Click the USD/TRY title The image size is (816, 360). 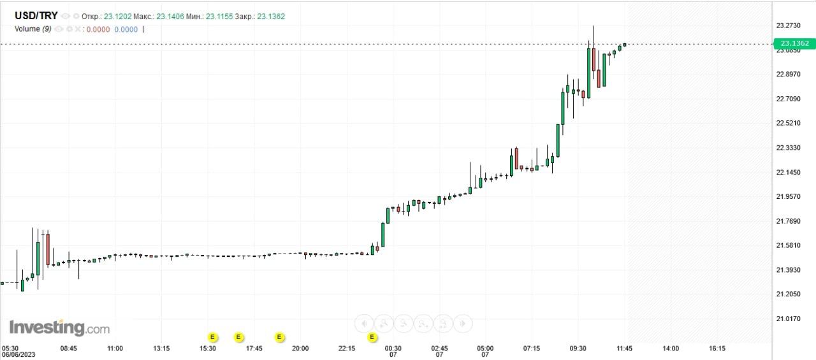[36, 16]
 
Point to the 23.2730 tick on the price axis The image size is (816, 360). [788, 25]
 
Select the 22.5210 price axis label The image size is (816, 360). [788, 123]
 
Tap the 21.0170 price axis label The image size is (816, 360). [788, 319]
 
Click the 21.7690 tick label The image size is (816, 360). [788, 221]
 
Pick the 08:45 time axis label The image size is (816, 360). [68, 349]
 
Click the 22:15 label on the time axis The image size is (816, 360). [347, 349]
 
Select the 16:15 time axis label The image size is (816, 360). [717, 349]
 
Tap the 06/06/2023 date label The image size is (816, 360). [18, 355]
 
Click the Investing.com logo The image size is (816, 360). [59, 328]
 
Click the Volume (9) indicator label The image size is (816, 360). [33, 29]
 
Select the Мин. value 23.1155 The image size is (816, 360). [219, 16]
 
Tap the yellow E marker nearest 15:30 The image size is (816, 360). [213, 336]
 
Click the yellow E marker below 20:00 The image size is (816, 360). [279, 336]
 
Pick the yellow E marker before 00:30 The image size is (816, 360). [372, 336]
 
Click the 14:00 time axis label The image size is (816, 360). [671, 349]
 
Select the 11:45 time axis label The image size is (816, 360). [624, 349]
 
